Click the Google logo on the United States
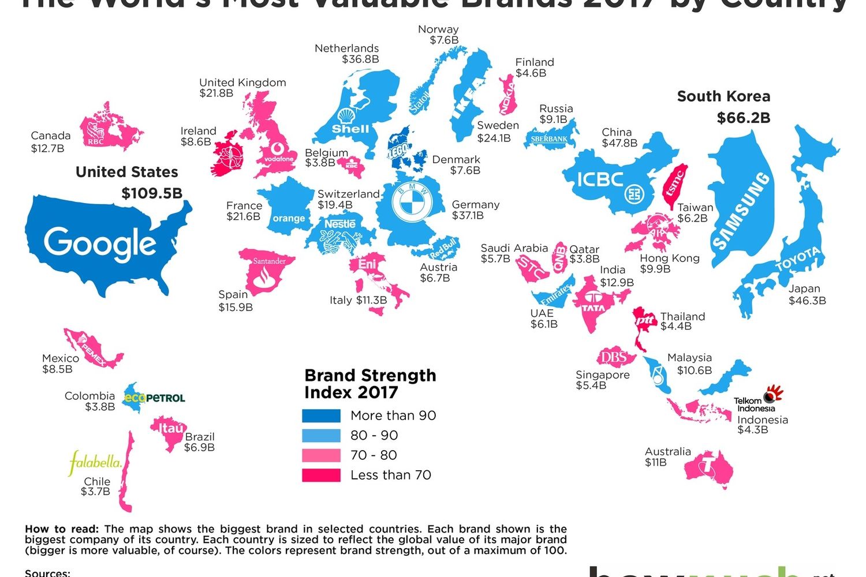pyautogui.click(x=99, y=242)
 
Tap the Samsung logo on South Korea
pyautogui.click(x=742, y=211)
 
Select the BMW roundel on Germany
pyautogui.click(x=412, y=202)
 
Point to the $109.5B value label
pyautogui.click(x=151, y=193)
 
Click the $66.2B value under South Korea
pyautogui.click(x=743, y=118)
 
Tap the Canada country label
pyautogui.click(x=50, y=136)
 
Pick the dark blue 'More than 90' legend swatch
pyautogui.click(x=321, y=415)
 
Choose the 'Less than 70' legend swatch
pyautogui.click(x=321, y=475)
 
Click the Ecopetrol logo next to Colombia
pyautogui.click(x=155, y=398)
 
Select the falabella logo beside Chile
pyautogui.click(x=95, y=462)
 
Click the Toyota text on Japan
pyautogui.click(x=797, y=259)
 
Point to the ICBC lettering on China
pyautogui.click(x=600, y=179)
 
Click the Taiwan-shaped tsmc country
pyautogui.click(x=675, y=185)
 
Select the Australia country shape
pyautogui.click(x=709, y=467)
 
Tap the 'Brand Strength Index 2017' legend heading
pyautogui.click(x=370, y=384)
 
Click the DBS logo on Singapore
pyautogui.click(x=614, y=358)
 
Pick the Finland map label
pyautogui.click(x=535, y=62)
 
